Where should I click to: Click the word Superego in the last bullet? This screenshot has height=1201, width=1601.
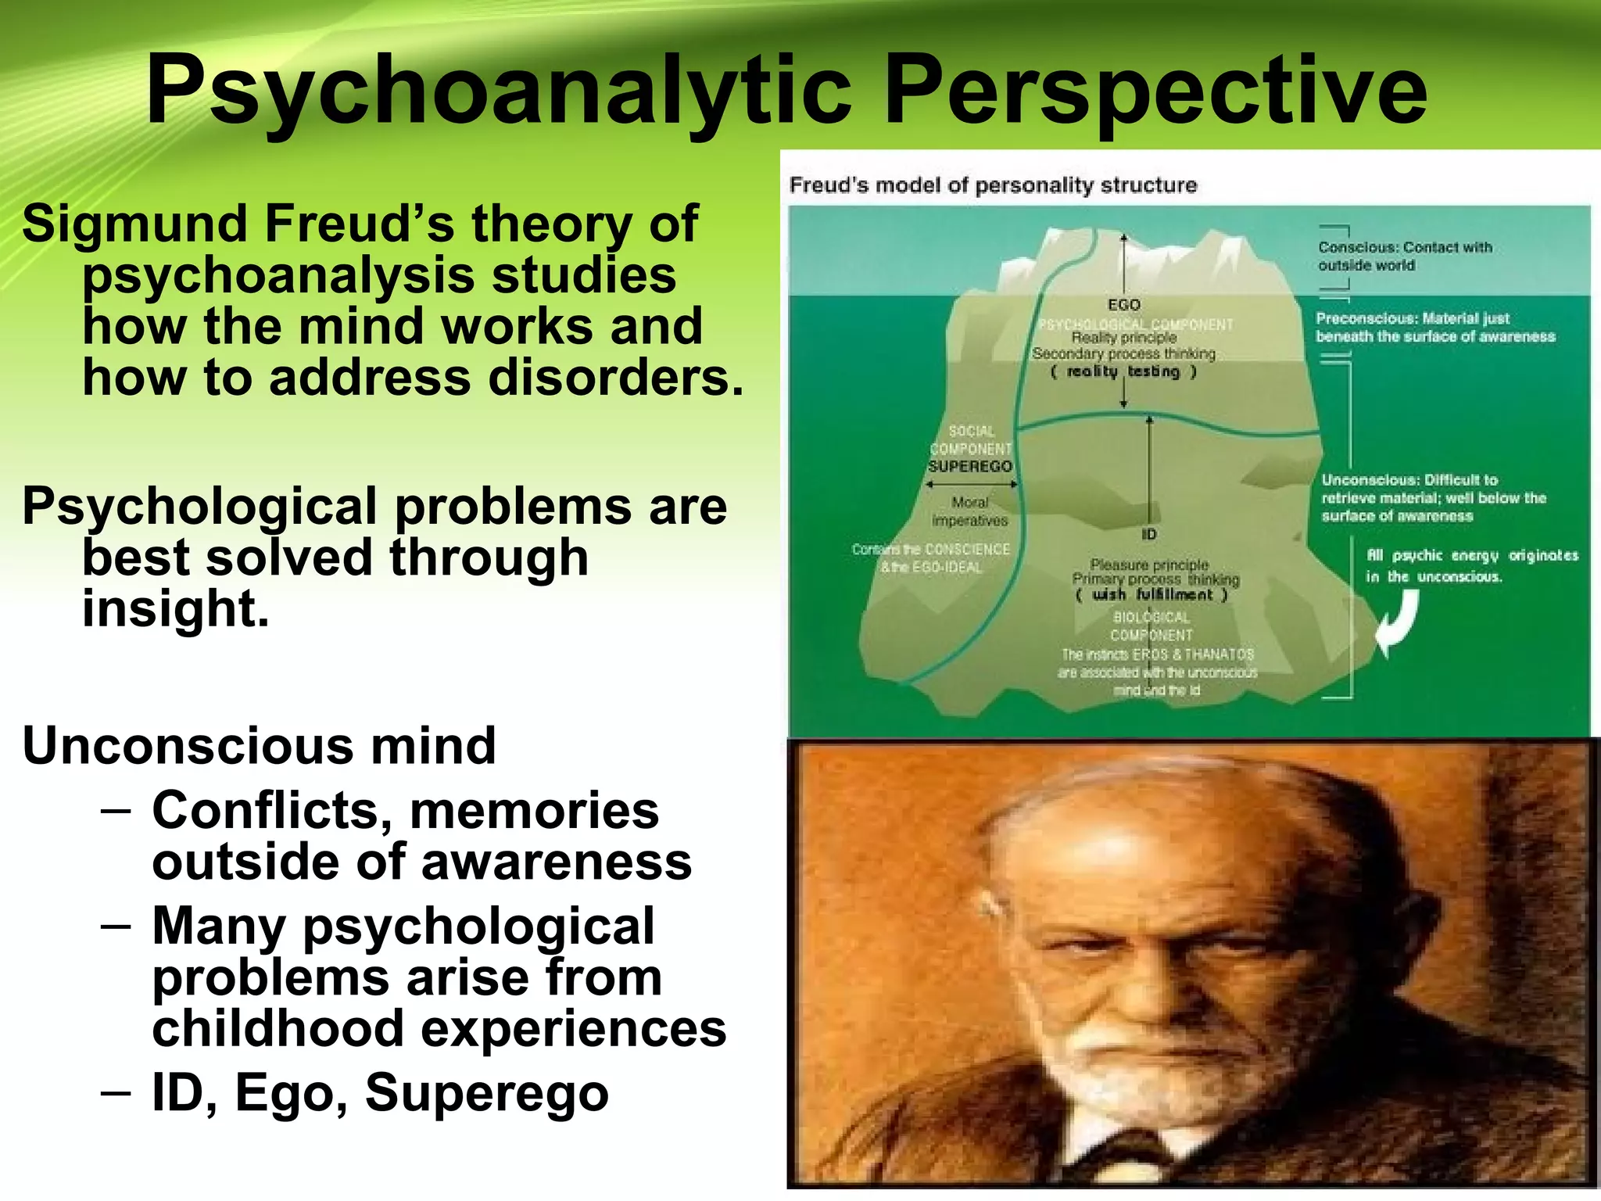click(486, 1092)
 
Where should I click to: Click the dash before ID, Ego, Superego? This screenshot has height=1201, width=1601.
click(115, 1089)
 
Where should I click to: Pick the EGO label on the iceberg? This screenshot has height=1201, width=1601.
click(1124, 305)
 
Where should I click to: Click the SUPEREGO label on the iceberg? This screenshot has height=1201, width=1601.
click(970, 467)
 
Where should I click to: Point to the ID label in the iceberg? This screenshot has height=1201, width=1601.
click(1148, 535)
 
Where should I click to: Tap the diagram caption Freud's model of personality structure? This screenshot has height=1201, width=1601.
click(993, 185)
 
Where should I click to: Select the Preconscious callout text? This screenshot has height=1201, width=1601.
click(1434, 328)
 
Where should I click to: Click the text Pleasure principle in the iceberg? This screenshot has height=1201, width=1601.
click(1149, 565)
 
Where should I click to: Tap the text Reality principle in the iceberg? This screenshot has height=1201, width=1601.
click(1124, 338)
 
